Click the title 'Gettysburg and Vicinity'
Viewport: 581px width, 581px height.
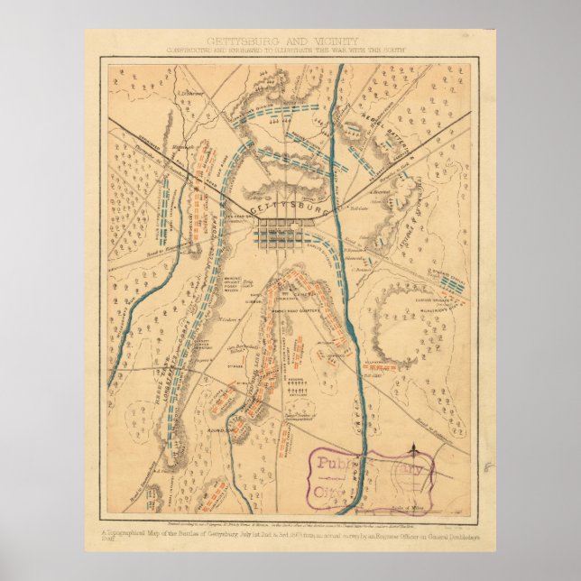tap(282, 41)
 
